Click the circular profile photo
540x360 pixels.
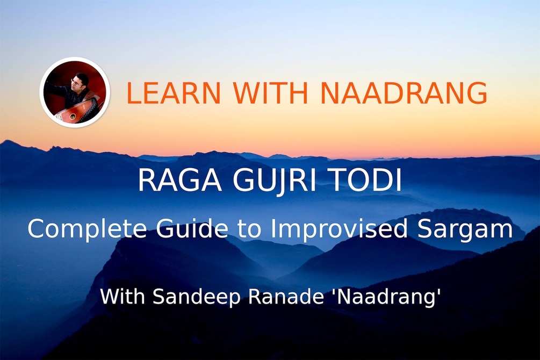[x=75, y=92]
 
